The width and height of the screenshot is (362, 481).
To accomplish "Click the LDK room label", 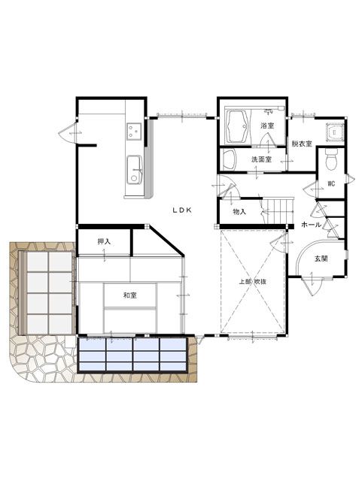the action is pos(182,210).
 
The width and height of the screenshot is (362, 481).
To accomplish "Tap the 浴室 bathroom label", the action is pos(267,126).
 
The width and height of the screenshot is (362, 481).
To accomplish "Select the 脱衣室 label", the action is pos(302,144).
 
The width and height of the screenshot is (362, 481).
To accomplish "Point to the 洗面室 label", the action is pos(261,159).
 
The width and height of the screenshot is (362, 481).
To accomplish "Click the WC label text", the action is pos(331,183).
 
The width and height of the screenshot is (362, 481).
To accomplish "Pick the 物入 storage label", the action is pos(239,212).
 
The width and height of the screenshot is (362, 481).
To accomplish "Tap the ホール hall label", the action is pos(312,225).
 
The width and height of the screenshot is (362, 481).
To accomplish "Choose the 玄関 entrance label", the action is pos(321,259).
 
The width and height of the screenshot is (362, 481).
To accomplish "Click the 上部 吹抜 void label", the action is pos(253,282).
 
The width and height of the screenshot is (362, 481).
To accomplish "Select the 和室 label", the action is pos(130,295).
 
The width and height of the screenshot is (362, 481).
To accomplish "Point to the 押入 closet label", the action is pos(104,241).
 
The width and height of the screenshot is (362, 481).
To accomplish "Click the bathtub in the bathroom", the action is pos(237,126).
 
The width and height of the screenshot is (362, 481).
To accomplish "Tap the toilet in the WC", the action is pos(331,159).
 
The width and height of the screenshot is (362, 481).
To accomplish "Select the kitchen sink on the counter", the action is pos(135,170).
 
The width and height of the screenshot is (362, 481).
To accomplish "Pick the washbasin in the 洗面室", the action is pos(229,159).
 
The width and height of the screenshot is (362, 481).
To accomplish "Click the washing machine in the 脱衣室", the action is pos(334,133).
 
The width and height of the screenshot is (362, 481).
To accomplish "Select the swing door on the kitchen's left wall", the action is pos(68,132).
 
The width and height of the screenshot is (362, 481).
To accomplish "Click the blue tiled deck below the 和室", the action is pos(132,355).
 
